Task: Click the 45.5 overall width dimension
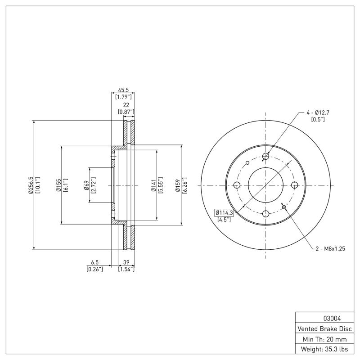[x=123, y=90]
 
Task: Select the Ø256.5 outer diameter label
[x=31, y=185]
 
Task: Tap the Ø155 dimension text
[x=58, y=185]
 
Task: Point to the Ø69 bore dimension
[x=86, y=185]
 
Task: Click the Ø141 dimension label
[x=153, y=185]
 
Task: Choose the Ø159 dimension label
[x=178, y=185]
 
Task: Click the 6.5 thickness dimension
[x=94, y=262]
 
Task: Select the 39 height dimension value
[x=126, y=262]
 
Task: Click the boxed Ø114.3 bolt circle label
[x=224, y=212]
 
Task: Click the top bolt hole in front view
[x=265, y=157]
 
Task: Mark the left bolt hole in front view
[x=237, y=185]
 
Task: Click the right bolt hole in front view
[x=294, y=185]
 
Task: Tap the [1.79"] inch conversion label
[x=123, y=97]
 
